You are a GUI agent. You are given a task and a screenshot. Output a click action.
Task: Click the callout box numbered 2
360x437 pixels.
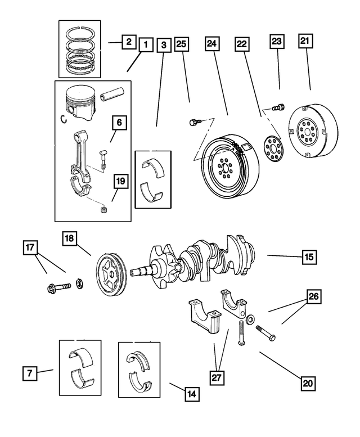[x=128, y=41]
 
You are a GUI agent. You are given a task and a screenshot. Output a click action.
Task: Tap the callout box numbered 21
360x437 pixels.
[x=306, y=41]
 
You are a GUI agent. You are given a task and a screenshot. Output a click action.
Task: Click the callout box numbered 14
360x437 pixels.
[x=192, y=394]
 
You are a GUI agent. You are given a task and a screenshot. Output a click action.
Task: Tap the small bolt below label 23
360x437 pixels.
[x=277, y=106]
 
